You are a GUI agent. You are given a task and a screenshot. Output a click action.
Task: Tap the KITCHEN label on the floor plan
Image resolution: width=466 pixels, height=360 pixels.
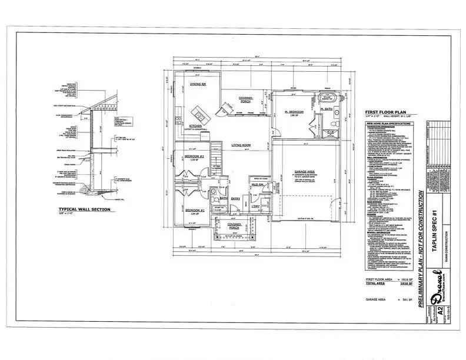(x=196, y=125)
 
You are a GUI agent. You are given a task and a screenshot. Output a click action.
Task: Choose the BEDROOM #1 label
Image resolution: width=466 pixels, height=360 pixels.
(x=194, y=210)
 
